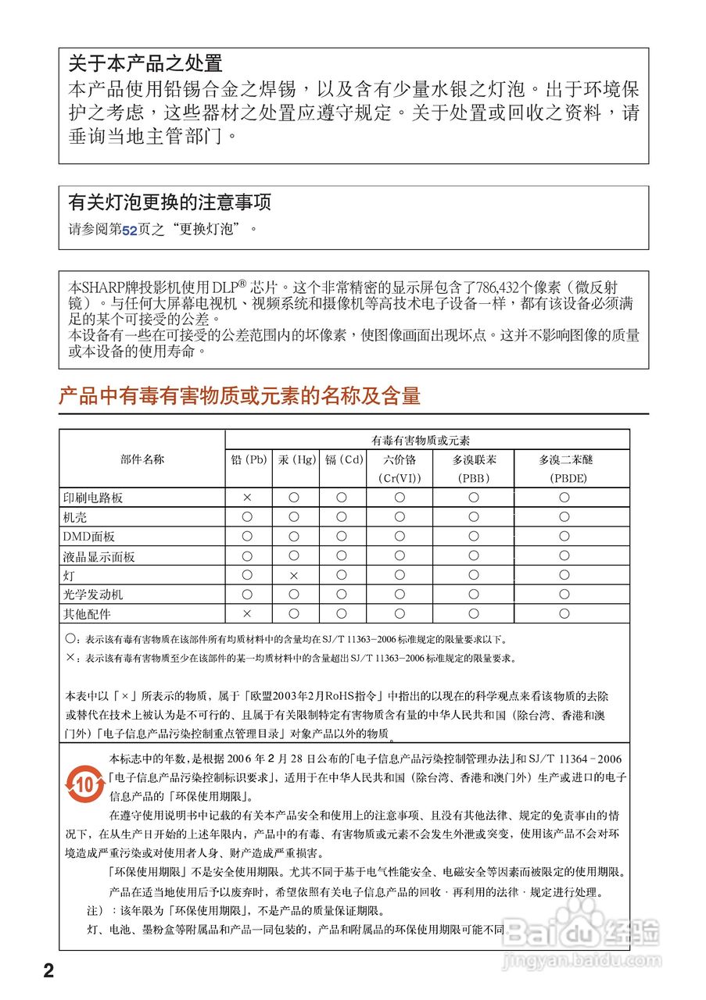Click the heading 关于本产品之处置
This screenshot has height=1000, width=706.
tap(145, 63)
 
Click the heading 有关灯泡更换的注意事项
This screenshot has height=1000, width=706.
tap(170, 202)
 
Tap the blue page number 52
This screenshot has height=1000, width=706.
tap(130, 230)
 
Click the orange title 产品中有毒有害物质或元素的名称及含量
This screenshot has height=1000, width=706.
tap(240, 395)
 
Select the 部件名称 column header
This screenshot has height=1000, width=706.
tap(142, 459)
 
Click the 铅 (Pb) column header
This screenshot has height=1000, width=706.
tap(249, 459)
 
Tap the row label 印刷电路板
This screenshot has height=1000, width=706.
tap(93, 498)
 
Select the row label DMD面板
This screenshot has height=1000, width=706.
tap(89, 537)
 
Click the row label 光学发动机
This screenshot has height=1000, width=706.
tap(93, 595)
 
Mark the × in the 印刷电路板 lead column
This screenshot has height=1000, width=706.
tap(247, 497)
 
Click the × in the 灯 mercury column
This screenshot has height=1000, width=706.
tap(294, 575)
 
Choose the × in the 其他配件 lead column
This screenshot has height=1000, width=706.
tap(247, 614)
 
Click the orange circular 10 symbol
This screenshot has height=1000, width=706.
tap(84, 784)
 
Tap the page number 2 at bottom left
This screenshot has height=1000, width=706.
tap(48, 971)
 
